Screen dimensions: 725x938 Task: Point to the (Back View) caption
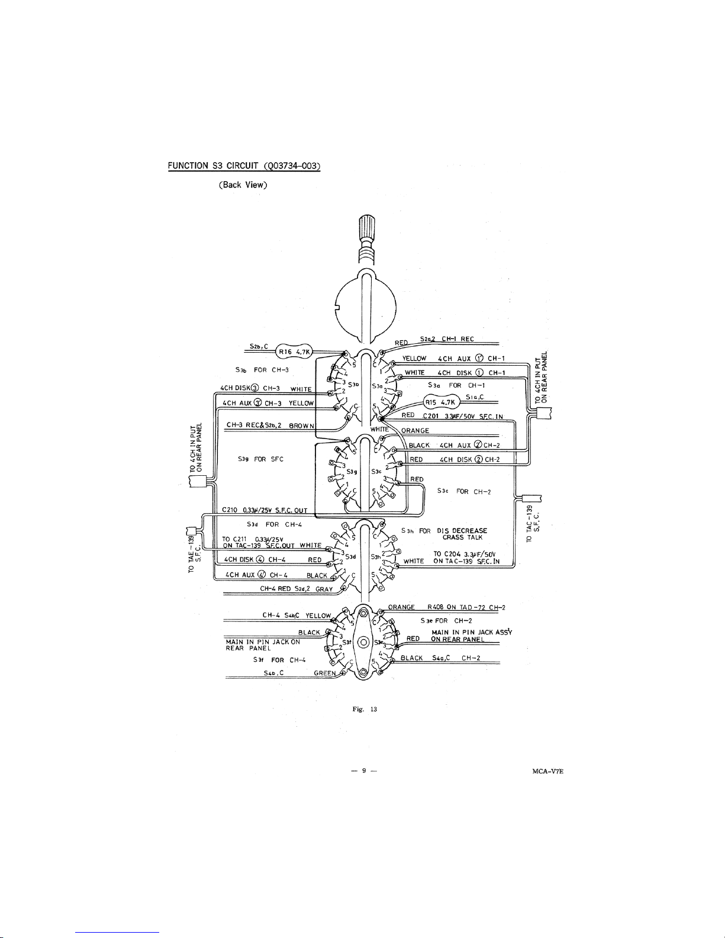243,185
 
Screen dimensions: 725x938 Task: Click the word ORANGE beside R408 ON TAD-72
401,607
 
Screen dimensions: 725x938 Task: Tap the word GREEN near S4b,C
325,673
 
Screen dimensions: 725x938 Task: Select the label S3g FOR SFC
260,459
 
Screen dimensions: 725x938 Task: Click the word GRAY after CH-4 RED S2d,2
324,589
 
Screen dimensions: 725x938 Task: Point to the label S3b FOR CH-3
262,370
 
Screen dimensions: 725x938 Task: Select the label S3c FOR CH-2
465,491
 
